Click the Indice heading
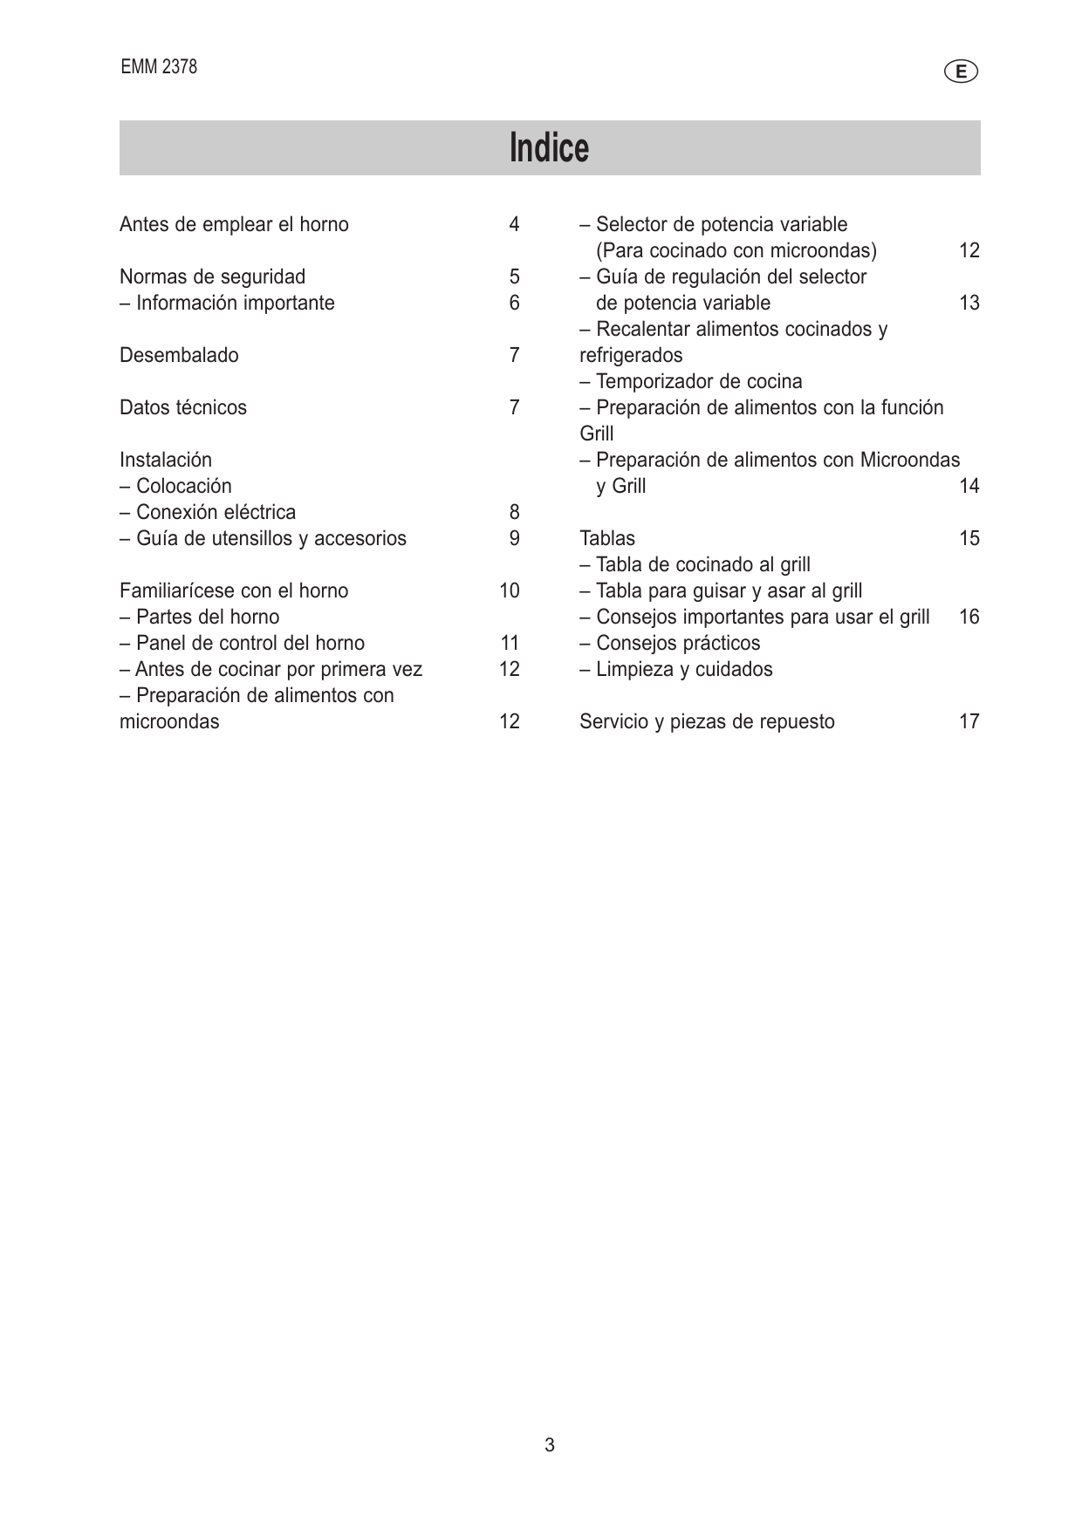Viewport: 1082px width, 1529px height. coord(549,147)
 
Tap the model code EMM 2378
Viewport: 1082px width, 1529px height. coord(159,67)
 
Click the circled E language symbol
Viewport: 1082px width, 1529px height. coord(961,72)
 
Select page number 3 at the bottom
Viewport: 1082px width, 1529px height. coord(550,1445)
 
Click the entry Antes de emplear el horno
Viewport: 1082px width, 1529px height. coord(234,225)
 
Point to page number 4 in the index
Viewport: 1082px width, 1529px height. coord(514,225)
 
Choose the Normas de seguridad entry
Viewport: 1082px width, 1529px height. coord(212,277)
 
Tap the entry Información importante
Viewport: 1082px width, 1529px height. coord(227,304)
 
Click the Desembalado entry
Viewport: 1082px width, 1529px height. coord(179,356)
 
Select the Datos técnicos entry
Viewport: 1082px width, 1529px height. coord(183,408)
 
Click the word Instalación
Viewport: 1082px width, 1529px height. coord(166,461)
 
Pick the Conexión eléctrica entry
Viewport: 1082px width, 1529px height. coord(208,513)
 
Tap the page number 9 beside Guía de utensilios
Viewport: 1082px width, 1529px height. coord(514,539)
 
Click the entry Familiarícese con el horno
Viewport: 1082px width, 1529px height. coord(234,591)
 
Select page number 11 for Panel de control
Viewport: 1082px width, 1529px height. coord(510,644)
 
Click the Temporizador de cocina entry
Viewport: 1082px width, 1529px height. coord(691,382)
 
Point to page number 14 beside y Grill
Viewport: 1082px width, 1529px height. coord(969,487)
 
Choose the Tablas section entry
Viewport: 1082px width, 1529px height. coord(607,539)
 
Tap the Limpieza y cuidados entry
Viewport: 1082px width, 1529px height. coord(676,670)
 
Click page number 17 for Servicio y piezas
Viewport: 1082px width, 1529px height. coord(969,722)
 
